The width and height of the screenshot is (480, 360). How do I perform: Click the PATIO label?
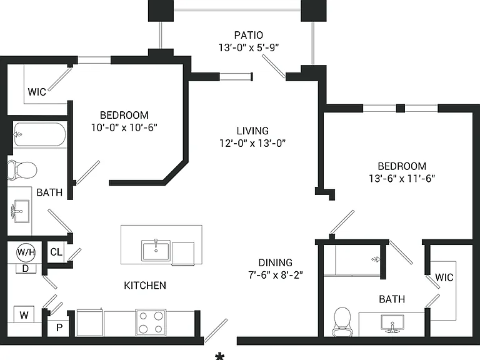click(249, 35)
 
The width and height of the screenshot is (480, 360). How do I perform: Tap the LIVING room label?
click(252, 131)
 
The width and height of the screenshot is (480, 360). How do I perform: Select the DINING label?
click(276, 262)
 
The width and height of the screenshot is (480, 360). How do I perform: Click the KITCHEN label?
click(145, 285)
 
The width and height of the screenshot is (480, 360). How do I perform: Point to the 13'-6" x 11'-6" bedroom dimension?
click(402, 178)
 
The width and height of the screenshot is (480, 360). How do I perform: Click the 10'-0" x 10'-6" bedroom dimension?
click(124, 127)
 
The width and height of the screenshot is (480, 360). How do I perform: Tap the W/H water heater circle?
click(26, 252)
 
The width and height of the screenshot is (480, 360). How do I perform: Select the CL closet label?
click(56, 252)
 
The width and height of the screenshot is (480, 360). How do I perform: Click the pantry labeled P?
click(59, 328)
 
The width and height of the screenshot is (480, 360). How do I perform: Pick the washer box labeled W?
click(24, 314)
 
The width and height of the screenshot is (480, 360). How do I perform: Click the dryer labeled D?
click(26, 269)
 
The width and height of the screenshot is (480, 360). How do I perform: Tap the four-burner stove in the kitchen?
click(151, 322)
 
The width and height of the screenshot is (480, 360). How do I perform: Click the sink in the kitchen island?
click(156, 251)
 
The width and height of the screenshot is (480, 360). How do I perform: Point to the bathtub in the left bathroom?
click(40, 135)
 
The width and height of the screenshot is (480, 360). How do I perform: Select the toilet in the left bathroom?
click(22, 170)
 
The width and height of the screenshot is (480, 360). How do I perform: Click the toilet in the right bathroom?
click(342, 322)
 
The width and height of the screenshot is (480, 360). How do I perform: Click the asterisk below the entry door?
click(219, 356)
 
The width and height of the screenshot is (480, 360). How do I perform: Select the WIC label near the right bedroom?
click(444, 277)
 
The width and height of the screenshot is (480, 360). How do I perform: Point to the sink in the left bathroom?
click(20, 211)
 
